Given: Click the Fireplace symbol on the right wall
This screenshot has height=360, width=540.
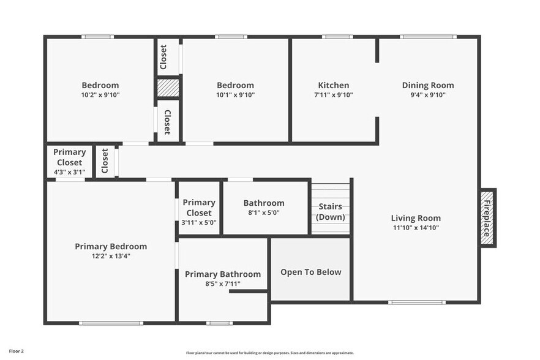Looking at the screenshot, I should (x=487, y=218).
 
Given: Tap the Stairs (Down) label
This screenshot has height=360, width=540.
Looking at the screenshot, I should (x=331, y=212).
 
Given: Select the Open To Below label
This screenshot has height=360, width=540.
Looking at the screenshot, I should (x=311, y=272).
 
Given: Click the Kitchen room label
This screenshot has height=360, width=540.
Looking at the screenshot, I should (x=334, y=85).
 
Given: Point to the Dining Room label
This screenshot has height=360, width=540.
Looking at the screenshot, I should (x=428, y=85).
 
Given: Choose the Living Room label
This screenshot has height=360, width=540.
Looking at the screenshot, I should (x=416, y=218).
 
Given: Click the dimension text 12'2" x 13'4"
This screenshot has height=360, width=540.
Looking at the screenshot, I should (x=111, y=256).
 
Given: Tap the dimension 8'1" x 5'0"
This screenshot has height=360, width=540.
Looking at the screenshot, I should (x=264, y=212).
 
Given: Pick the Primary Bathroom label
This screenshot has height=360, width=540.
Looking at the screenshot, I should (x=223, y=274).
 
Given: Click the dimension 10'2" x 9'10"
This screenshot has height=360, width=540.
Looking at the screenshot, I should (x=100, y=95).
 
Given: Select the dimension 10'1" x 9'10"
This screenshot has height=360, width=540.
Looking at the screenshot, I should (x=236, y=95).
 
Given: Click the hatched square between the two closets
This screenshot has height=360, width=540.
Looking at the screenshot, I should (x=167, y=88).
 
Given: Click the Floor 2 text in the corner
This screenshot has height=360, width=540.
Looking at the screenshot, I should (x=17, y=351).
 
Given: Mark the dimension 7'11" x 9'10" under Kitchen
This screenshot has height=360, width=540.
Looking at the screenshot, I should (x=334, y=95).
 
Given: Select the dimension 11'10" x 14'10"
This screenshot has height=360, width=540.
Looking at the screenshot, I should (x=416, y=228).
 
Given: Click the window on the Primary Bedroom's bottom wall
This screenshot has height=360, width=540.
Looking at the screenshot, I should (x=111, y=323).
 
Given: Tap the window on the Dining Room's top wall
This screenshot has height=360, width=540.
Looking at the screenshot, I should (x=428, y=37).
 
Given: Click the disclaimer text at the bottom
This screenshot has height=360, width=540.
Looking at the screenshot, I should (x=270, y=353).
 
